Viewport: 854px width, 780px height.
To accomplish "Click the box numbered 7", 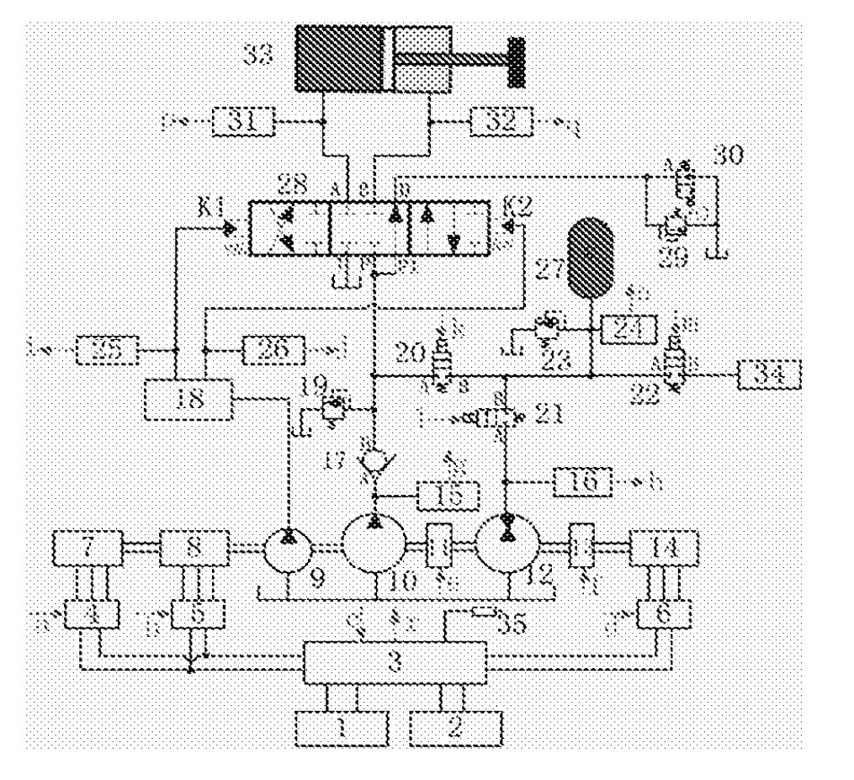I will (88, 549).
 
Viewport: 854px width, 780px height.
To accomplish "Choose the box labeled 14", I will (665, 549).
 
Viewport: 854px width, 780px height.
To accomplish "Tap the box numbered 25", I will (108, 348).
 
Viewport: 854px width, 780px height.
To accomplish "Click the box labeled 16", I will (586, 481).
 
